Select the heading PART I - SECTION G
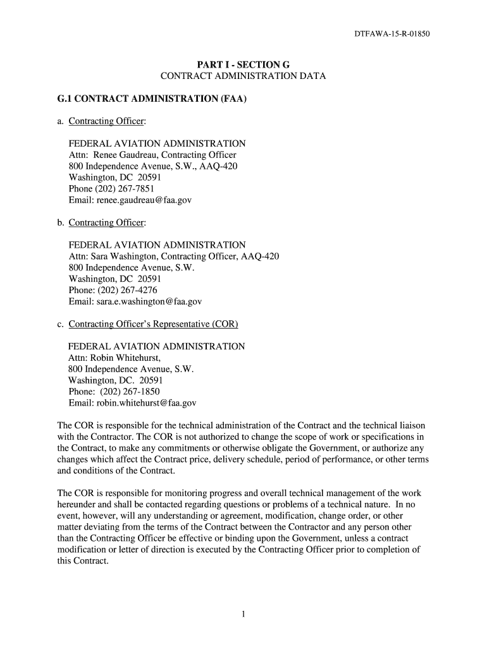pyautogui.click(x=243, y=64)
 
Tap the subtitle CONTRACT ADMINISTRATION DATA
pyautogui.click(x=243, y=76)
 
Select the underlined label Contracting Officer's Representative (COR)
pyautogui.click(x=153, y=325)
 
